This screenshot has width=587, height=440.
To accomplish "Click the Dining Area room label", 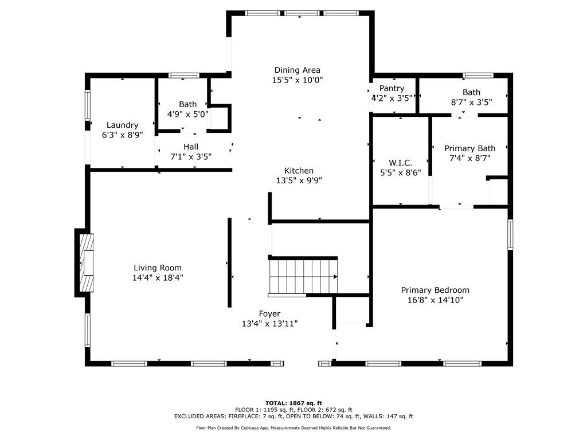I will pos(297,70).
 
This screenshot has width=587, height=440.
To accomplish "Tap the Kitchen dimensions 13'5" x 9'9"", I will pos(299,180).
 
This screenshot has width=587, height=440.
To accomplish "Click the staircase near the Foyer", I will pos(302,277).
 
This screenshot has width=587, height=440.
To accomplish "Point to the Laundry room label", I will pos(122,125).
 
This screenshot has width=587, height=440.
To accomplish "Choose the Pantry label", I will pos(392,88).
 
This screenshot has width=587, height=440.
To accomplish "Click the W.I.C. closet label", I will pos(400,163).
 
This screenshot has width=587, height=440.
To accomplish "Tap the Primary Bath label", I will pos(469,148).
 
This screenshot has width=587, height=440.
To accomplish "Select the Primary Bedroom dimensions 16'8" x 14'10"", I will pos(435,300).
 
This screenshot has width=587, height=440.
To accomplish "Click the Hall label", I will pos(191,147).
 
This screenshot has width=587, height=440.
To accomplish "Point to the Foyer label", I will pos(269,314).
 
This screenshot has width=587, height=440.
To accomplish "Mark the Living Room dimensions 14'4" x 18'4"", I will pos(158,277).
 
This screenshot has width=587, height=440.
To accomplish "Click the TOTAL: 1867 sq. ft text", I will pos(293,403).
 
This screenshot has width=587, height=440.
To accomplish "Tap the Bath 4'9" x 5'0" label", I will pos(187,104).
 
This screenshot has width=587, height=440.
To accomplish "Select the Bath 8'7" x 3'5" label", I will pos(471,92).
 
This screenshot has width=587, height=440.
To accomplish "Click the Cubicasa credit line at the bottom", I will pos(293,427).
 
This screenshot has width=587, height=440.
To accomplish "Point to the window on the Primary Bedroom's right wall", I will pos(510,234).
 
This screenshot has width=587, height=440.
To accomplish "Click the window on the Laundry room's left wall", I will pos(88,105).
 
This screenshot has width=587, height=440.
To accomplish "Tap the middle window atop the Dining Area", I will pos(302,13).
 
